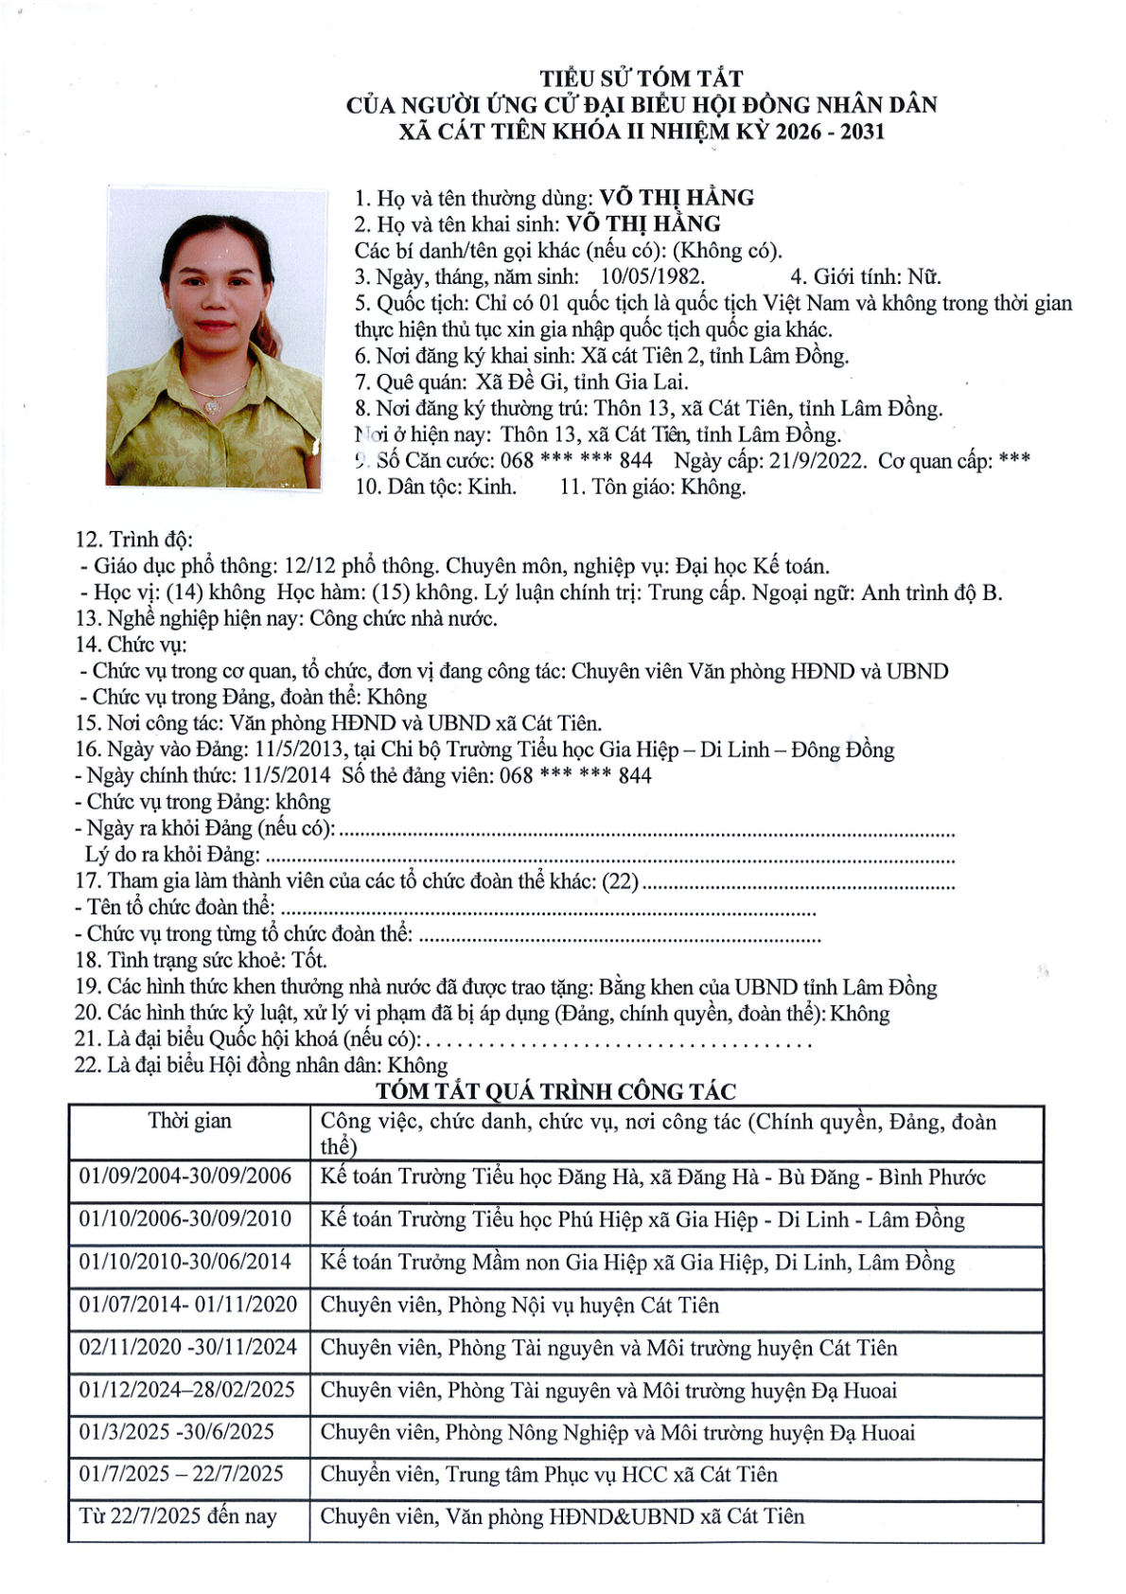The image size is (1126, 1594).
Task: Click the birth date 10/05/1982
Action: (x=652, y=277)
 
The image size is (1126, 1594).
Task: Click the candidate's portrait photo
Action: (x=214, y=338)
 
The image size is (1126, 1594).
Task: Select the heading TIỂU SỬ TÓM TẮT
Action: (x=641, y=78)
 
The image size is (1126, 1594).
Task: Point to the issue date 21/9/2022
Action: (x=817, y=461)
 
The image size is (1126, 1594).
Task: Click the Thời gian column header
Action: (x=189, y=1122)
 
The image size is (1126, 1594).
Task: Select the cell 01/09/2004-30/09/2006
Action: (x=185, y=1177)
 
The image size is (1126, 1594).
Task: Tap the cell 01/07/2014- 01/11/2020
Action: (x=188, y=1304)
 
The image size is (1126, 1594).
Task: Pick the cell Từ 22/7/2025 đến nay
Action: (x=178, y=1516)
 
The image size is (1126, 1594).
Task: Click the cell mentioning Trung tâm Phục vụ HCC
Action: (x=549, y=1475)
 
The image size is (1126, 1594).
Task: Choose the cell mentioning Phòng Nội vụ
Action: (x=519, y=1305)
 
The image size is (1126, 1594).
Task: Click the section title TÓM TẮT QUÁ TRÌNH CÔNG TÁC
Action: (x=555, y=1091)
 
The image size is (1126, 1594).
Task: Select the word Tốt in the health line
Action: (x=308, y=961)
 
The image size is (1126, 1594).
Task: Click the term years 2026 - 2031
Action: (x=829, y=132)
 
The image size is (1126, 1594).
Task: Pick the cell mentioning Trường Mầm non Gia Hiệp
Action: (x=637, y=1263)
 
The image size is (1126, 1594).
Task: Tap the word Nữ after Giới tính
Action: (x=924, y=277)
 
